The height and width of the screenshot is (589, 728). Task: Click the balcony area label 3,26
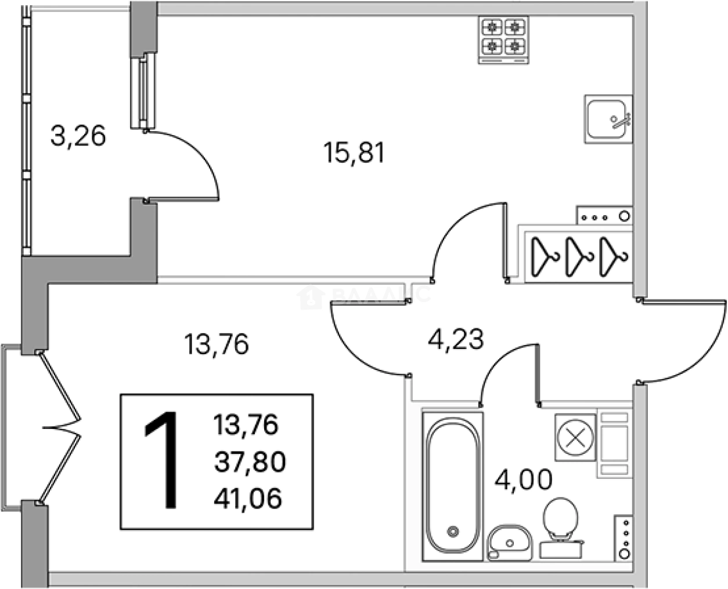(x=78, y=137)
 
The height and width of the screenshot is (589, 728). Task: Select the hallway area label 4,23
(x=455, y=339)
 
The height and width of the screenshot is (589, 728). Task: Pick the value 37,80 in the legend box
(x=250, y=462)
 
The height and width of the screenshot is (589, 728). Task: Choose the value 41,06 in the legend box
(x=248, y=497)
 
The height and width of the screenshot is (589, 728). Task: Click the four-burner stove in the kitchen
(x=503, y=39)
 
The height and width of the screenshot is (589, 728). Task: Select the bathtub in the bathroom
(x=453, y=486)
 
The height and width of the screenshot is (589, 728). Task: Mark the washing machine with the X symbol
(x=575, y=437)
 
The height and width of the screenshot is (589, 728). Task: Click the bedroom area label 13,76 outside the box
(x=216, y=344)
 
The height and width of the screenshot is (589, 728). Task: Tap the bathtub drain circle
(x=453, y=530)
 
